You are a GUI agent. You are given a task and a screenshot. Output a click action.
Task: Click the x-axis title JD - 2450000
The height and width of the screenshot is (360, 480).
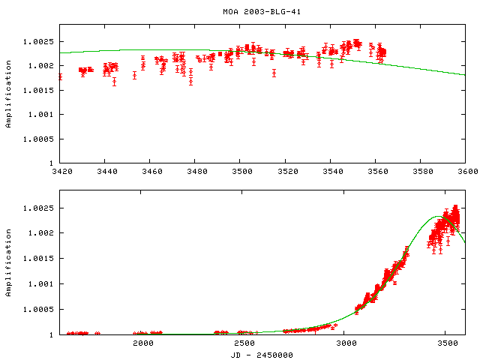point(261,355)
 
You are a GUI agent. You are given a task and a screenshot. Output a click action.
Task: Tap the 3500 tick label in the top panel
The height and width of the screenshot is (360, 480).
point(240,172)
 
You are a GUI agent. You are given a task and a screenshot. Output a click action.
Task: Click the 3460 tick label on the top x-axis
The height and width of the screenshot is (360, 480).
point(150,172)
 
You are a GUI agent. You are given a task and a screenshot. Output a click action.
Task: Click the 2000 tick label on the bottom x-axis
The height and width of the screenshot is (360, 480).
point(142,343)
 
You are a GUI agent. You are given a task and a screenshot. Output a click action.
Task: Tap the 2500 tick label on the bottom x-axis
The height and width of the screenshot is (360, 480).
point(244,343)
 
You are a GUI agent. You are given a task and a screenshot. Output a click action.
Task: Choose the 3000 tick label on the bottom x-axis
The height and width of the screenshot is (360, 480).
point(345,343)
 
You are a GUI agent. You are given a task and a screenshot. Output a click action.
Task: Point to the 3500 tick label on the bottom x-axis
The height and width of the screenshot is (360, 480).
point(446,343)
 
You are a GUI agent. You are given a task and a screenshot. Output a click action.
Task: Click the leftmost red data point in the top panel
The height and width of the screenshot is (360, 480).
point(60,76)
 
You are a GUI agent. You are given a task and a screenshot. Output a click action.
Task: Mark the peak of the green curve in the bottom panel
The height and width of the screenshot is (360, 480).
point(436,217)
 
